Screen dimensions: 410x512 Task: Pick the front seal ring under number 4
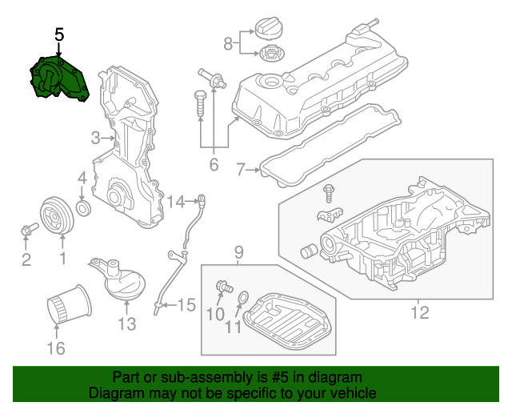click(82, 210)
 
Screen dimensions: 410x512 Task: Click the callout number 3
click(95, 137)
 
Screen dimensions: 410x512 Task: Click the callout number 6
click(214, 166)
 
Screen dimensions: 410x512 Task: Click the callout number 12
click(419, 312)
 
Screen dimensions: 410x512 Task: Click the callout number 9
click(238, 254)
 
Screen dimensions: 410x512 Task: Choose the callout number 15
click(186, 304)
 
